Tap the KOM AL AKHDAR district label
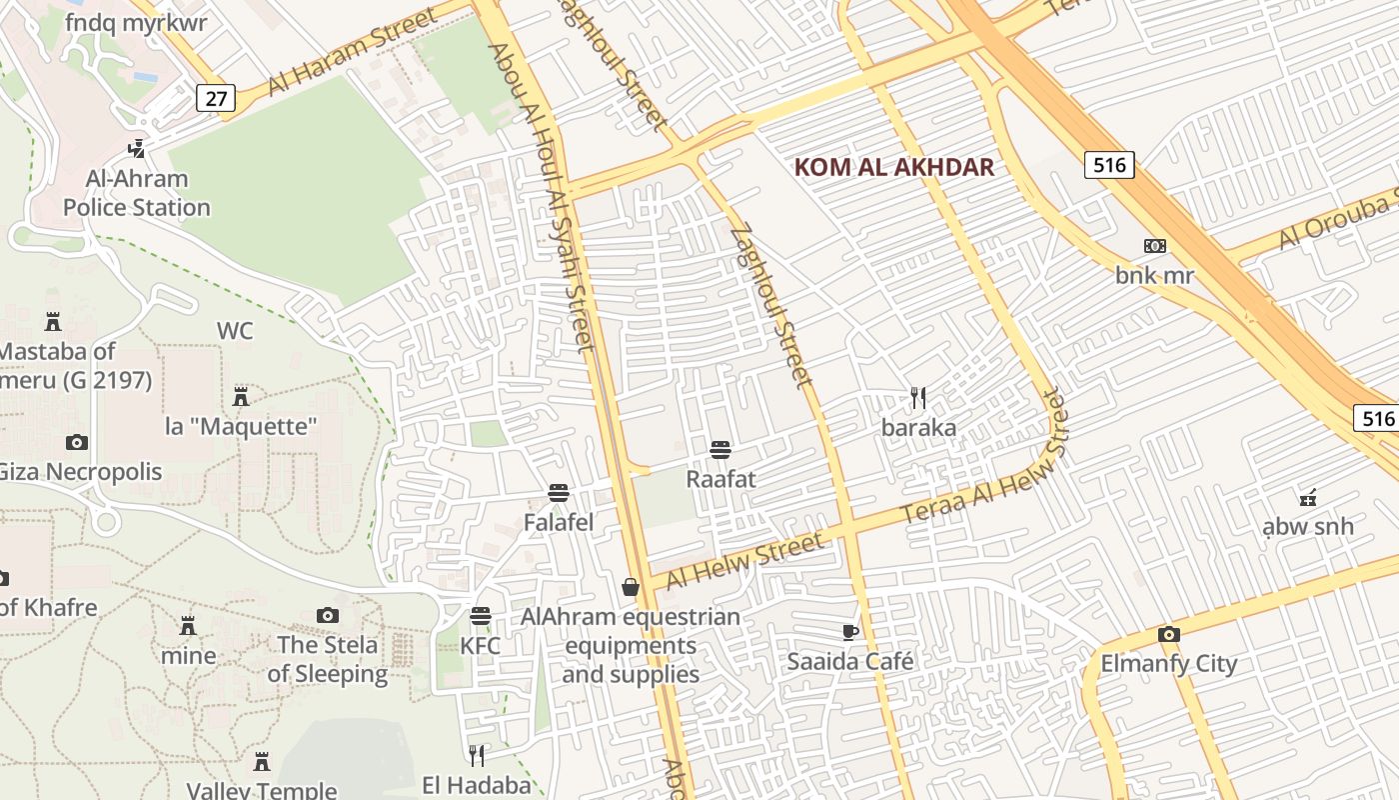pyautogui.click(x=894, y=167)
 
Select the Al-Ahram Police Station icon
pyautogui.click(x=136, y=149)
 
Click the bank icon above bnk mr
pyautogui.click(x=1155, y=246)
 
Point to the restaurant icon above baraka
pyautogui.click(x=918, y=398)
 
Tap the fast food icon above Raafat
pyautogui.click(x=720, y=450)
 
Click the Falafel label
pyautogui.click(x=559, y=522)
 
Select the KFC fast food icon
pyautogui.click(x=481, y=615)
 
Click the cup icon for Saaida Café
pyautogui.click(x=850, y=632)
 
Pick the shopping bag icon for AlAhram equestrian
pyautogui.click(x=631, y=587)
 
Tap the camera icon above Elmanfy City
pyautogui.click(x=1168, y=634)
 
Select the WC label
pyautogui.click(x=235, y=331)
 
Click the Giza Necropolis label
pyautogui.click(x=80, y=471)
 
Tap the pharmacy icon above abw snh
pyautogui.click(x=1307, y=497)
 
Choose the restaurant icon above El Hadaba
pyautogui.click(x=477, y=755)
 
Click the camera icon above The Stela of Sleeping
pyautogui.click(x=327, y=615)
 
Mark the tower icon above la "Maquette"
pyautogui.click(x=240, y=396)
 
